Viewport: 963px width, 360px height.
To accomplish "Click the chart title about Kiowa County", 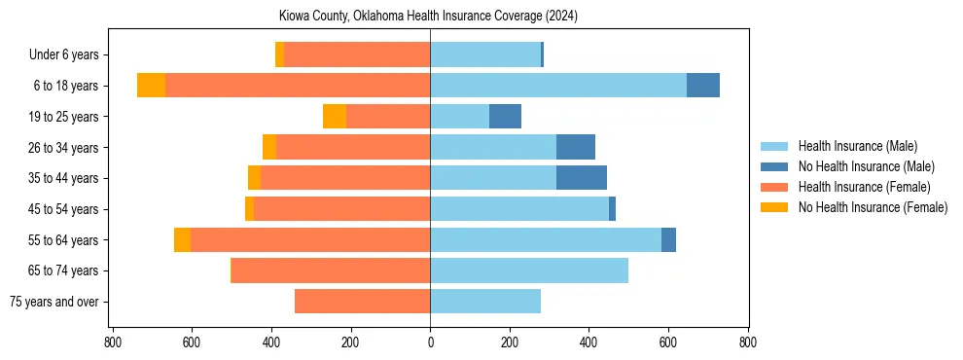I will click(428, 16).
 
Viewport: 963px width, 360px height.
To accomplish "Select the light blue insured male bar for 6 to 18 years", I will click(558, 86).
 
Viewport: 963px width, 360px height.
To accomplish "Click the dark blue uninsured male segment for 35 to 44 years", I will click(582, 178).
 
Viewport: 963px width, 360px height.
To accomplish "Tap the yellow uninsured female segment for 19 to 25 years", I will click(335, 117).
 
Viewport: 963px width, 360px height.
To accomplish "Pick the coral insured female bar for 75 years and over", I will click(362, 302).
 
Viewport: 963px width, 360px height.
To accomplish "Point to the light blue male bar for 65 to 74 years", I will click(529, 270).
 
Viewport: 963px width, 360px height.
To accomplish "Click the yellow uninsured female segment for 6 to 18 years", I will click(151, 86).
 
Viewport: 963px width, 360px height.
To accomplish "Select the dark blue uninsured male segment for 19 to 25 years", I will click(505, 117).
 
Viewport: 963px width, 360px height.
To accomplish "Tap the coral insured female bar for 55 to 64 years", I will click(310, 239).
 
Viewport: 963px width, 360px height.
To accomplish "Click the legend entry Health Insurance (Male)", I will click(857, 146).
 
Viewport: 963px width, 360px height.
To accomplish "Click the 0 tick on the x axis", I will click(430, 342).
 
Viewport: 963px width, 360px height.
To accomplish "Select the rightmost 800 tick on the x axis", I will click(747, 342).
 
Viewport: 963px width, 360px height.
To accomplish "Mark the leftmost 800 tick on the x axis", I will click(113, 342).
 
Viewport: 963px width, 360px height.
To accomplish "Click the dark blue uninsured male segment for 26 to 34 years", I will click(576, 147).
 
